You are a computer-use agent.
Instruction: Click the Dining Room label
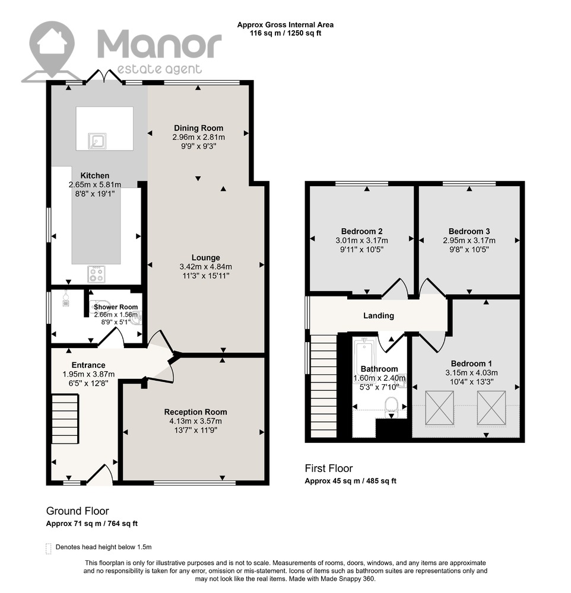tap(198, 128)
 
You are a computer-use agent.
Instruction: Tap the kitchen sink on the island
tap(97, 141)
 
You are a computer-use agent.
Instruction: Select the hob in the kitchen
tap(97, 274)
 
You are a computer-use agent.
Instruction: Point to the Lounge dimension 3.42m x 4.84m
tap(205, 267)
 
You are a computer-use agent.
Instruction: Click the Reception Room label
tap(195, 412)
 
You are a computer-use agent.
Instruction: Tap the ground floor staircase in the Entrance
tap(65, 419)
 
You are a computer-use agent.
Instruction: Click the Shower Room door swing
tap(112, 337)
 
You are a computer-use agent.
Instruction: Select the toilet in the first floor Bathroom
tap(391, 407)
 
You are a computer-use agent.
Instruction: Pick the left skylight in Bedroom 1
tap(439, 408)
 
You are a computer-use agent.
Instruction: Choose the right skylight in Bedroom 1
tap(491, 408)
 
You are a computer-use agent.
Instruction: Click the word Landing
tap(379, 316)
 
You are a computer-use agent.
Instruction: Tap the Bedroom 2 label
tap(361, 231)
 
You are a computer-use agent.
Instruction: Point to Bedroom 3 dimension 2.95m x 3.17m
tap(469, 241)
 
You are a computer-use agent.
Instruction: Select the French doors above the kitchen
tap(104, 76)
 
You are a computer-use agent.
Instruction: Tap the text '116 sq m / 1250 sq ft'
tap(285, 33)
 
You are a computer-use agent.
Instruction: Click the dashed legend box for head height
tap(49, 549)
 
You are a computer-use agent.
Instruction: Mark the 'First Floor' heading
tap(329, 468)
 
